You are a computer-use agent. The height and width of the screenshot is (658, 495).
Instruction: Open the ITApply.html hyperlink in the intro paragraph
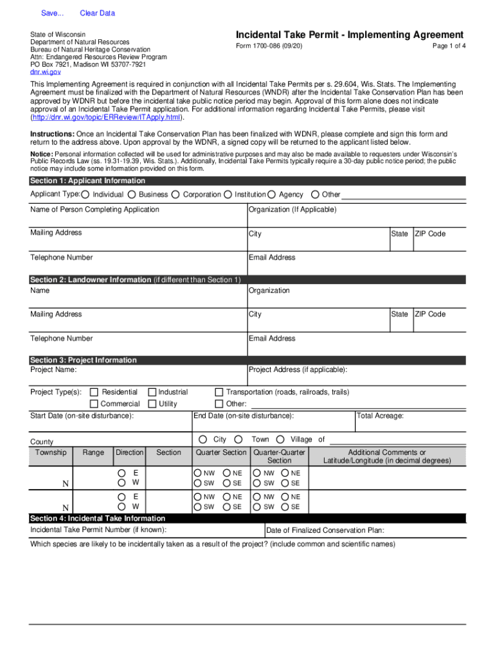click(x=107, y=118)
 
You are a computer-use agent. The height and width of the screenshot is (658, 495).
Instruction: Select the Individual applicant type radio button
click(x=85, y=195)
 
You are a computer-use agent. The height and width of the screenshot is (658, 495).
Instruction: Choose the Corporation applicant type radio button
click(x=176, y=195)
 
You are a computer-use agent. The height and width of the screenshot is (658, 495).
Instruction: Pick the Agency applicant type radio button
click(x=272, y=195)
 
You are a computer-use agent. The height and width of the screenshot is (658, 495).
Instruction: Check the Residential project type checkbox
click(x=94, y=392)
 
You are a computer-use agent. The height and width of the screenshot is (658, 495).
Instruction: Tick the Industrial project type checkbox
click(x=152, y=392)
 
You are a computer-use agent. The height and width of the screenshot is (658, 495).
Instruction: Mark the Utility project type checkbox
click(x=152, y=404)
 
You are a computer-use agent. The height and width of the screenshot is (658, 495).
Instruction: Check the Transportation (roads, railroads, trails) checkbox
click(x=219, y=392)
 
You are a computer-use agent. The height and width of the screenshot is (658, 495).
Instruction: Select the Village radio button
click(x=280, y=440)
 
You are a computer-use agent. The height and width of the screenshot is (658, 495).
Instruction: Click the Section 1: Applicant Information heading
click(x=87, y=181)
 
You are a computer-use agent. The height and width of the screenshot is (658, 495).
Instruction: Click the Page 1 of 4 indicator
click(x=449, y=47)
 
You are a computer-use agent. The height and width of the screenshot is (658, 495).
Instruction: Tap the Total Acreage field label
click(x=381, y=416)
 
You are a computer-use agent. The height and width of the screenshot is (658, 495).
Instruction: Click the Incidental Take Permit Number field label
click(x=98, y=529)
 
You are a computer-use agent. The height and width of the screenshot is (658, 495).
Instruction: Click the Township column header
click(x=51, y=452)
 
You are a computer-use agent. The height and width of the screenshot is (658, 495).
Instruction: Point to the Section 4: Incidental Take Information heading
click(x=98, y=518)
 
